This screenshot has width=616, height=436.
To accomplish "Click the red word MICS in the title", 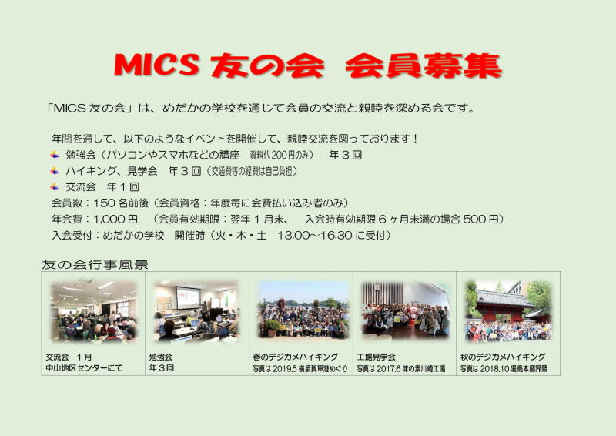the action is (x=157, y=65).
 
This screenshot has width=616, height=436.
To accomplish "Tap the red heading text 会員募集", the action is (x=423, y=65).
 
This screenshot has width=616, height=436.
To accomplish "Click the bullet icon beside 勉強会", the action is (x=55, y=155).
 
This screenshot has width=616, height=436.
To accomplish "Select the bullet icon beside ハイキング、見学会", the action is (x=55, y=171).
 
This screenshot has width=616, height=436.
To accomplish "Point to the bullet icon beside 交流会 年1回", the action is (x=55, y=186).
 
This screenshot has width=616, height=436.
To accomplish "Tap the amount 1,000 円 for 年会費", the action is (x=115, y=220).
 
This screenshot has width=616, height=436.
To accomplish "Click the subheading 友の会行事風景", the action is (x=95, y=265).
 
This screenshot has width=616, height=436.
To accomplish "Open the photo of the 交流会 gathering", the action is (x=93, y=310).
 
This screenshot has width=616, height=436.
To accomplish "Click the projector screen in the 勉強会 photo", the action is (x=188, y=297).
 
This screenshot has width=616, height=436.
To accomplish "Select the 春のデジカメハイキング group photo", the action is (x=303, y=310).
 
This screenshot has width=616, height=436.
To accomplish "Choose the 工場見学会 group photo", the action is (x=405, y=310).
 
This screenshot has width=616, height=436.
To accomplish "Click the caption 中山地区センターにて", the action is (x=84, y=368).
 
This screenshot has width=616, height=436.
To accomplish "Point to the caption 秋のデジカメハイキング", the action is (x=503, y=357).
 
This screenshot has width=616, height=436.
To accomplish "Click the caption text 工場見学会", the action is (x=376, y=357).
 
